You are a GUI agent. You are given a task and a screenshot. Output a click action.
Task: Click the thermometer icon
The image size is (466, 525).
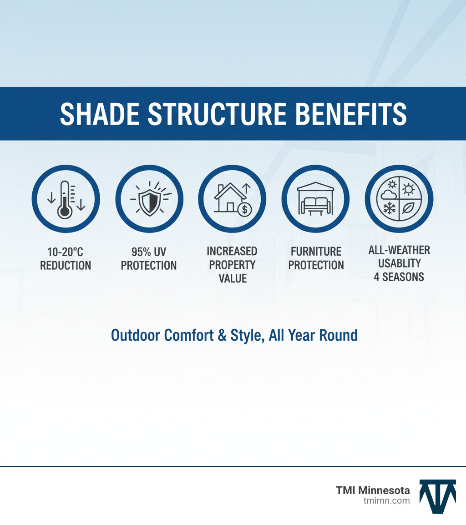coord(66,199)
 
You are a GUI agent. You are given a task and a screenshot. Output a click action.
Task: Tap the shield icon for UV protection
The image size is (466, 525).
coord(149,199)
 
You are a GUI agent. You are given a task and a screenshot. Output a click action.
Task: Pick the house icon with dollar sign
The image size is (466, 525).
coord(232,199)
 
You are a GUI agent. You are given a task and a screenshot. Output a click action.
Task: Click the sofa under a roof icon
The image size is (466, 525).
coord(315,199)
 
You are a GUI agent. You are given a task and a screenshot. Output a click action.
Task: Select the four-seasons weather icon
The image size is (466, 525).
coord(399,199)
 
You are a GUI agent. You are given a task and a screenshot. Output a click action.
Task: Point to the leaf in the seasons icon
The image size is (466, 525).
coord(409,209)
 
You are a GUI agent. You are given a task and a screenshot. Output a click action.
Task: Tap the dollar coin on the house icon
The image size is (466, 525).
coord(245,210)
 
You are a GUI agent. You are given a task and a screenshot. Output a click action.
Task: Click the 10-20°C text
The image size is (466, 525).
coord(66,252)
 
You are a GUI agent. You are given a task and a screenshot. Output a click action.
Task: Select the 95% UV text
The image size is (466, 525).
coord(149,252)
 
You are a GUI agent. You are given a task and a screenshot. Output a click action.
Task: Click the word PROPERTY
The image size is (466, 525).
coord(232,265)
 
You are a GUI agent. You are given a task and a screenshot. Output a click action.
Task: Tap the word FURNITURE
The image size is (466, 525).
coord(316,252)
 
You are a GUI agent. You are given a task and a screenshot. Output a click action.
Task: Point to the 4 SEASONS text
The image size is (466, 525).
coord(399,277)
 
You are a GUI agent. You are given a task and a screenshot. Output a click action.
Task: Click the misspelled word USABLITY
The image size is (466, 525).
coord(399,263)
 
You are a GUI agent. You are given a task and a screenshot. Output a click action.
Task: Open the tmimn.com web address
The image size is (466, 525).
coord(386,500)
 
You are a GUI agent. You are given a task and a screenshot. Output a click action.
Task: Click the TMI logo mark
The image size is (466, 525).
coord(437,496)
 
